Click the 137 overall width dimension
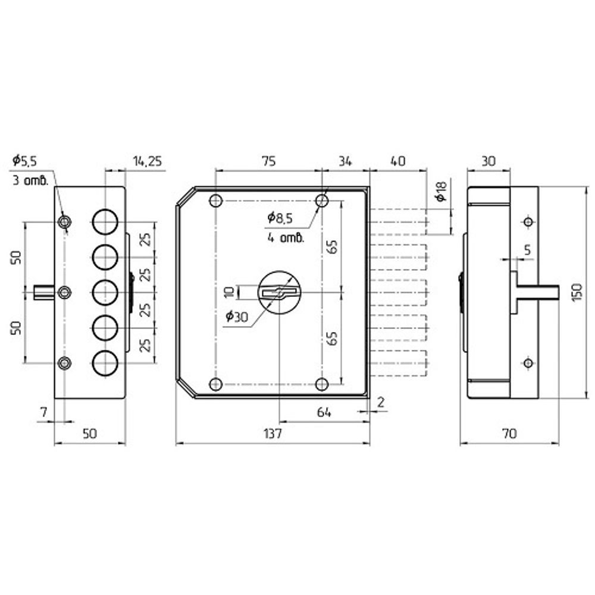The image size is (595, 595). pyautogui.click(x=272, y=434)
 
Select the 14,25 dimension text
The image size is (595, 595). pyautogui.click(x=147, y=161)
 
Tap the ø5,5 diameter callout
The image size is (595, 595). pyautogui.click(x=25, y=160)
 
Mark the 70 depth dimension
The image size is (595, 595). pyautogui.click(x=509, y=434)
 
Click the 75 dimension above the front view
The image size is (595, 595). pyautogui.click(x=268, y=161)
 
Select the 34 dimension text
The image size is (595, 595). pyautogui.click(x=346, y=161)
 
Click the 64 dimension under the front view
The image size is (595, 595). pyautogui.click(x=324, y=412)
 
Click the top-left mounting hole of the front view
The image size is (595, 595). pyautogui.click(x=216, y=201)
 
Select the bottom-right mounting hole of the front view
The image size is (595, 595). pyautogui.click(x=322, y=384)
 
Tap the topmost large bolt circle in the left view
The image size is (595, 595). pyautogui.click(x=105, y=221)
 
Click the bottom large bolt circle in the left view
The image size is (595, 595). pyautogui.click(x=105, y=362)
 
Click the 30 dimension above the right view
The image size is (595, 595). pyautogui.click(x=488, y=161)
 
